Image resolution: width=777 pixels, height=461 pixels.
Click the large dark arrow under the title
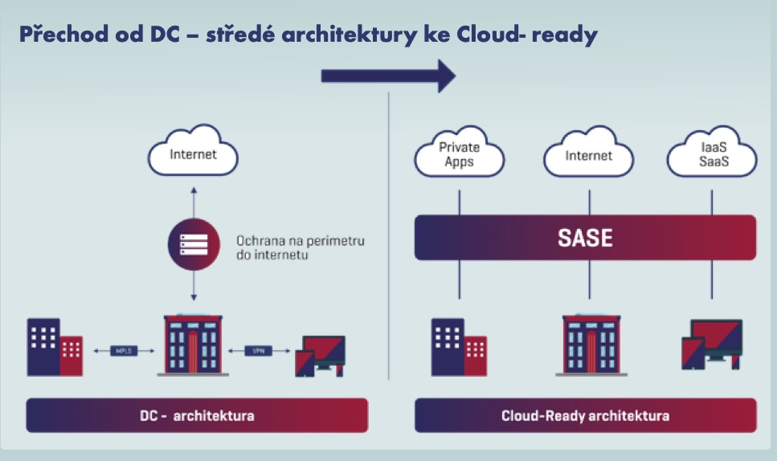click(x=388, y=75)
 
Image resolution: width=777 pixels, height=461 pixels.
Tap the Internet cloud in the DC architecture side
click(x=193, y=153)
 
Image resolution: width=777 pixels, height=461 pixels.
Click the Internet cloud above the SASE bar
click(x=588, y=155)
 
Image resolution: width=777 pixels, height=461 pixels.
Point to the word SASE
click(x=585, y=238)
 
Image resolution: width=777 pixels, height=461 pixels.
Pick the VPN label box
click(x=259, y=350)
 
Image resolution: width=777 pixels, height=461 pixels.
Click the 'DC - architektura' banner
click(x=197, y=416)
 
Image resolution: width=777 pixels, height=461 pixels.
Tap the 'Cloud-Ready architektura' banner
click(x=585, y=416)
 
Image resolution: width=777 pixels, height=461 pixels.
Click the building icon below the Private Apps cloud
click(x=459, y=347)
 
